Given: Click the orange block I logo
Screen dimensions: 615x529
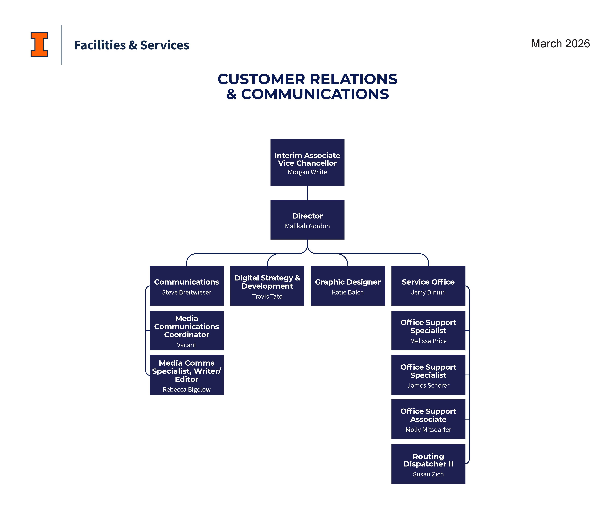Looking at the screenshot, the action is pyautogui.click(x=39, y=45).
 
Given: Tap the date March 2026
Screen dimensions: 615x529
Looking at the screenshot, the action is pyautogui.click(x=560, y=44).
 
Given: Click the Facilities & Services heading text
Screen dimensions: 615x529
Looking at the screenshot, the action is pyautogui.click(x=131, y=45).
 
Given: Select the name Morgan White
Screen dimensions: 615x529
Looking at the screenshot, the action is pyautogui.click(x=307, y=172).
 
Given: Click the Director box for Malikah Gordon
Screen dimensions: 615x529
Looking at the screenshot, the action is pyautogui.click(x=307, y=220).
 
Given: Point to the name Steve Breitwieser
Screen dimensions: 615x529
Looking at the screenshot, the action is pyautogui.click(x=186, y=292).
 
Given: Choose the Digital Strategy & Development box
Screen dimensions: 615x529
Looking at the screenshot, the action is pyautogui.click(x=267, y=286).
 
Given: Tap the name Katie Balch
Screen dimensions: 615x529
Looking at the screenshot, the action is pyautogui.click(x=348, y=292).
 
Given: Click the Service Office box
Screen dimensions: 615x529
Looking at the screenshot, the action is pyautogui.click(x=428, y=286).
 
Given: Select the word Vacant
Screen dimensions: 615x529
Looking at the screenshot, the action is pyautogui.click(x=186, y=345).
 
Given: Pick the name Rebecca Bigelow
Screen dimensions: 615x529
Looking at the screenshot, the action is pyautogui.click(x=186, y=390).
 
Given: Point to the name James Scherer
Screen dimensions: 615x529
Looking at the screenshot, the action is pyautogui.click(x=428, y=385).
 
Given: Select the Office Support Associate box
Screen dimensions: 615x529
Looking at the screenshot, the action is pyautogui.click(x=428, y=419).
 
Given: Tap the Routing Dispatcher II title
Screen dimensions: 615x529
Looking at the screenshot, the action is pyautogui.click(x=428, y=460).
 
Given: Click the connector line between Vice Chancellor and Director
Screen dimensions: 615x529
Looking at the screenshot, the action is pyautogui.click(x=307, y=193).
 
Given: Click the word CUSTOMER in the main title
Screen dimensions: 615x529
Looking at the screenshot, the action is pyautogui.click(x=261, y=79).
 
